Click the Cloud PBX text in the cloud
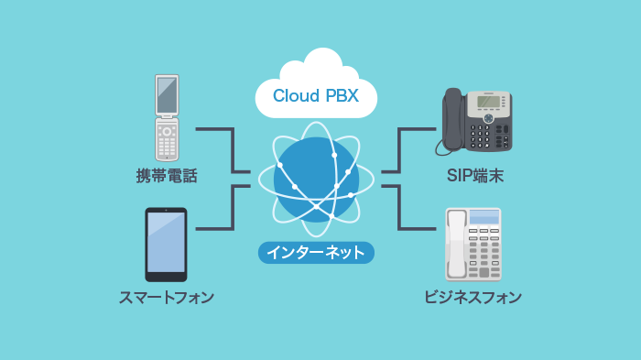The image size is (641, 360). click(x=315, y=95)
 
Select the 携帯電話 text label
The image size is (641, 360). click(x=167, y=176)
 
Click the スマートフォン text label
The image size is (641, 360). click(x=167, y=297)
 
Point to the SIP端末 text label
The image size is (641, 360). click(x=474, y=176)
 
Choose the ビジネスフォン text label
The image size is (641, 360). click(x=473, y=297)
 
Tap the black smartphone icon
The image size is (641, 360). click(x=166, y=245)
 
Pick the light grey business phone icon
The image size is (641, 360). click(x=473, y=244)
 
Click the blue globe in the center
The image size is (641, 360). click(x=316, y=179)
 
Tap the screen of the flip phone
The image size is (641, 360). click(x=166, y=94)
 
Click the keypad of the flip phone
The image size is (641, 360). click(x=166, y=141)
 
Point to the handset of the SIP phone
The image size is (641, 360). click(x=453, y=119)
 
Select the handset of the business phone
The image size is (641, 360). click(x=456, y=245)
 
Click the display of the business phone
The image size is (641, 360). click(x=484, y=218)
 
